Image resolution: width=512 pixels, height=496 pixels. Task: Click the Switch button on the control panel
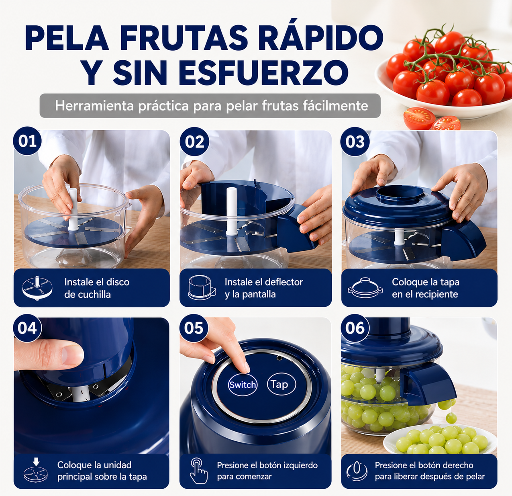pos(242,385)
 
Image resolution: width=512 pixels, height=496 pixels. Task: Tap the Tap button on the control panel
pos(281,384)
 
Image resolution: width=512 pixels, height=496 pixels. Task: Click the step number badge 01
pos(27,141)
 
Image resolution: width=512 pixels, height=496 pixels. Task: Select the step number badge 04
pos(27,328)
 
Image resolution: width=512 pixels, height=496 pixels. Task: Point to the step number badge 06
pos(355,328)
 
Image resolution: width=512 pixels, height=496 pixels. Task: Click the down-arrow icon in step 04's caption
pos(36,461)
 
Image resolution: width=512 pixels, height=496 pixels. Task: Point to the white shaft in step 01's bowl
pos(73,209)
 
